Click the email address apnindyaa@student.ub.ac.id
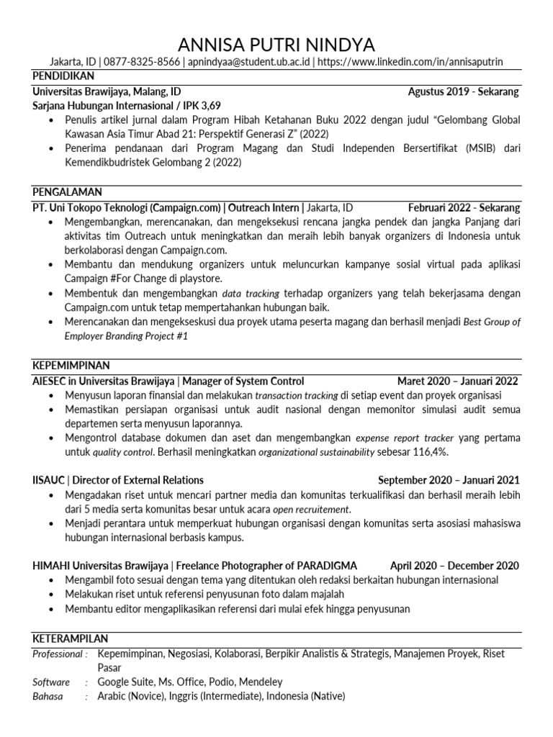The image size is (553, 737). [248, 63]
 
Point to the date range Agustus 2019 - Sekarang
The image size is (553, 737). [463, 92]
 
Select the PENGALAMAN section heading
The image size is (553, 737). [67, 192]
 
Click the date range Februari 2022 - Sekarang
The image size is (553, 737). [463, 208]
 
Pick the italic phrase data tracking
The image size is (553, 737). [251, 294]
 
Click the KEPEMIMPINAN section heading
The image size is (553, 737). [71, 366]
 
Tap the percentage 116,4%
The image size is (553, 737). [428, 452]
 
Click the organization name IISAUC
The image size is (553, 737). [48, 480]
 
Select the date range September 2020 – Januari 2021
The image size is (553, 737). [448, 480]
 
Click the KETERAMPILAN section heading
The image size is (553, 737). [70, 638]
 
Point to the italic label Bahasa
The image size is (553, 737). [48, 696]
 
